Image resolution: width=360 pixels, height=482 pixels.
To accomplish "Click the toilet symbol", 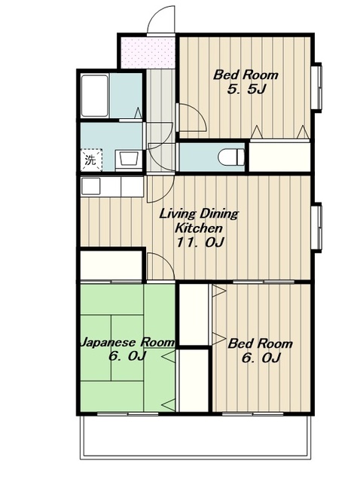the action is (231, 157).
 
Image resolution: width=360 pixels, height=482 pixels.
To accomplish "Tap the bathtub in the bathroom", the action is (95, 96).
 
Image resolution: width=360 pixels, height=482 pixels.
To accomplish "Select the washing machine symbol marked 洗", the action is (91, 160).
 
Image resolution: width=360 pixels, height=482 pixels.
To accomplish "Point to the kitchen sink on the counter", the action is (90, 186).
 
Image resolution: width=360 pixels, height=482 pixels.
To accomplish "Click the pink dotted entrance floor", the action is (148, 53).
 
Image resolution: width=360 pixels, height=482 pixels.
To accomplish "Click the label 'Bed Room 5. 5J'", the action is (246, 82).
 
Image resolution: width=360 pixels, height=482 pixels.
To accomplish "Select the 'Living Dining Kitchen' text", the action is (199, 221).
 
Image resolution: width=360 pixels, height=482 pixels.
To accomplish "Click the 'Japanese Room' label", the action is (127, 342).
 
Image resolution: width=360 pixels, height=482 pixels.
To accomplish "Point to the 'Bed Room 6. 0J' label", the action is (260, 350).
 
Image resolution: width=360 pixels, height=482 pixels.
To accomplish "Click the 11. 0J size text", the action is (200, 243).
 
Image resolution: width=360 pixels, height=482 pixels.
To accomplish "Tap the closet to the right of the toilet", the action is (279, 157).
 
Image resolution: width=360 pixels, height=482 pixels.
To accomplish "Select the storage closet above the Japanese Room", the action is (111, 266).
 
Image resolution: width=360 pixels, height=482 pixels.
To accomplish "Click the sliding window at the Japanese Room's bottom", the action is (127, 414).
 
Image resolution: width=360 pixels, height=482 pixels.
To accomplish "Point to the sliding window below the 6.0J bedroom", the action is (252, 414).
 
